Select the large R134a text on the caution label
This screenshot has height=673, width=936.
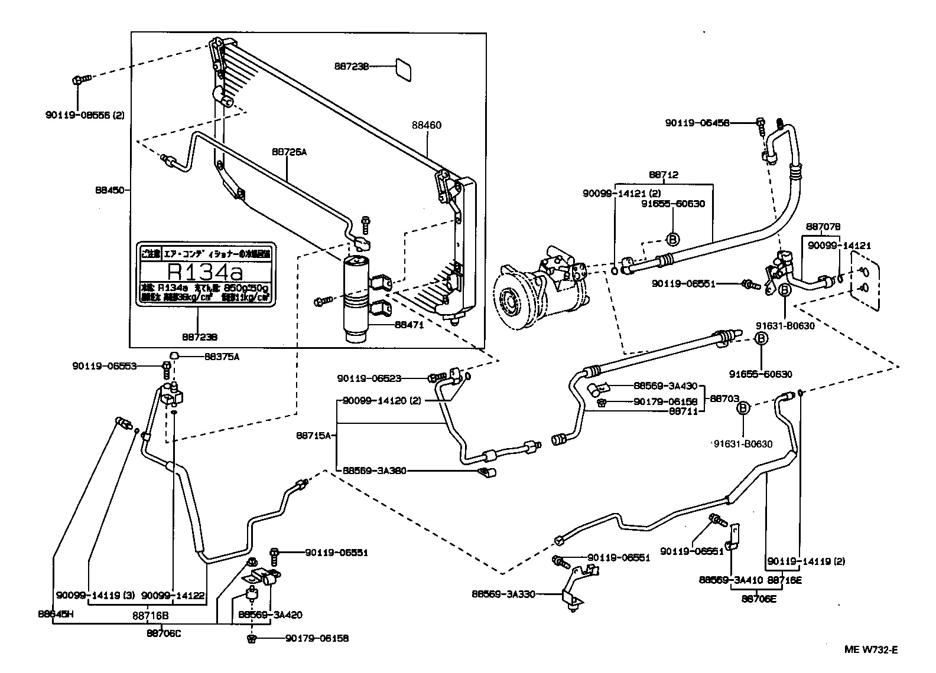(205, 273)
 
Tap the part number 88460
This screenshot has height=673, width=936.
(427, 125)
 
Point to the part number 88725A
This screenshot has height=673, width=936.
(290, 152)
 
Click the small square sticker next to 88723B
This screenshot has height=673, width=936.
(404, 68)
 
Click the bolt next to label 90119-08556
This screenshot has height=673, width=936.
(80, 79)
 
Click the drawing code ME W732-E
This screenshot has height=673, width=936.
(870, 650)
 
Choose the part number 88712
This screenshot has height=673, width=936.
(664, 175)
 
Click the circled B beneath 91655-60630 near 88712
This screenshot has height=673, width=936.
(672, 239)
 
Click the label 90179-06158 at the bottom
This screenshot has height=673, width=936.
(317, 638)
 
